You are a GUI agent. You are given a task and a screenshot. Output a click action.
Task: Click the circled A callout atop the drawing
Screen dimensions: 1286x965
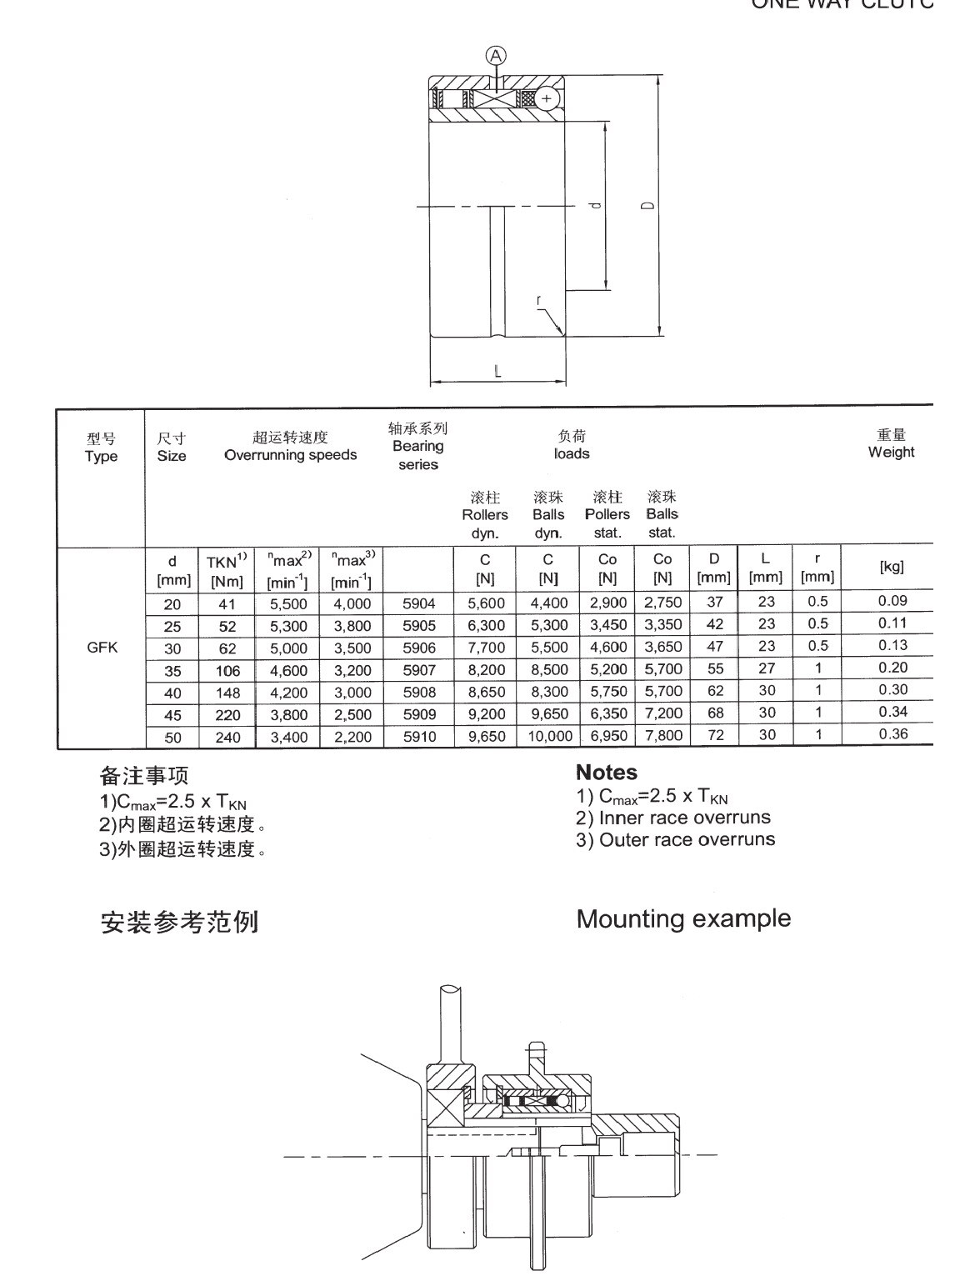pyautogui.click(x=496, y=56)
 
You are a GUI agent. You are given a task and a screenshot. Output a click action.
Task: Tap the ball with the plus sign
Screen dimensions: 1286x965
pyautogui.click(x=547, y=98)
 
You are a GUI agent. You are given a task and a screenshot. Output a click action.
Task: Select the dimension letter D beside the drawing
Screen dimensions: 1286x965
pyautogui.click(x=648, y=206)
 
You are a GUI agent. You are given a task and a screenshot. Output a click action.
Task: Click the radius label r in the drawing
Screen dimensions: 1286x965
pyautogui.click(x=539, y=300)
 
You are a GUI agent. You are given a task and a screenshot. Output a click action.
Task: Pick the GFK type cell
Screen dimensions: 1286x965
pyautogui.click(x=102, y=647)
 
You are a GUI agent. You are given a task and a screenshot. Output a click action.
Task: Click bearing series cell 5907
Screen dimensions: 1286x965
pyautogui.click(x=418, y=669)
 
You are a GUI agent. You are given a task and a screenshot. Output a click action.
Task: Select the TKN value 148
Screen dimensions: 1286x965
pyautogui.click(x=227, y=693)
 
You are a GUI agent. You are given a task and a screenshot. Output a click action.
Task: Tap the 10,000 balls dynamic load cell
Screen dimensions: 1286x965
pyautogui.click(x=549, y=736)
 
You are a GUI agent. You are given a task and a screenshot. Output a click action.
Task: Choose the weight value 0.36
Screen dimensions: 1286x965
pyautogui.click(x=892, y=734)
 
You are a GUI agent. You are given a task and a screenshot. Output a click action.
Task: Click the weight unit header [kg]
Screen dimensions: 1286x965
pyautogui.click(x=892, y=567)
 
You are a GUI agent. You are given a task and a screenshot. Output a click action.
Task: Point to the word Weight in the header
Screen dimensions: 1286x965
pyautogui.click(x=891, y=452)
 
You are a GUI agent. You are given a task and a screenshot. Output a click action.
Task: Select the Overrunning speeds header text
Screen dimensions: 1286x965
pyautogui.click(x=290, y=455)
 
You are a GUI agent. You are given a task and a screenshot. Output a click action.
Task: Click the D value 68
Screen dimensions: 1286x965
pyautogui.click(x=715, y=713)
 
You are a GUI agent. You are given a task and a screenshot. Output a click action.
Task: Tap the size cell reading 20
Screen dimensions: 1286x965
pyautogui.click(x=172, y=604)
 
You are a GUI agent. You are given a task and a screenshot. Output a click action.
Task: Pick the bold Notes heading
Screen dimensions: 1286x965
pyautogui.click(x=606, y=773)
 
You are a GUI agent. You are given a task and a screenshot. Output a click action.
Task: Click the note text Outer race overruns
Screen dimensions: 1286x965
pyautogui.click(x=687, y=839)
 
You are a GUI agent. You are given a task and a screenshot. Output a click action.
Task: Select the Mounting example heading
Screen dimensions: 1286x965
pyautogui.click(x=683, y=918)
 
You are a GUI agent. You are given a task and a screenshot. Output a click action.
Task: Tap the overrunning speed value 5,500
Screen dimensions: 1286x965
pyautogui.click(x=288, y=604)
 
